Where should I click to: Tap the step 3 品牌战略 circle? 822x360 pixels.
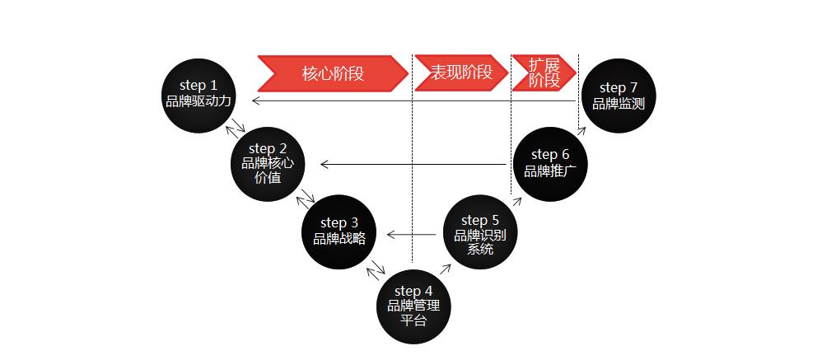point(339,231)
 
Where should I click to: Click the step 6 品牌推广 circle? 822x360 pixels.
point(550,163)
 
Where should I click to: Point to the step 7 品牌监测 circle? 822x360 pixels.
point(619,96)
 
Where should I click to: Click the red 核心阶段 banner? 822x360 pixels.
point(333,72)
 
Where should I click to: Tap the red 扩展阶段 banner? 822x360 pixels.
point(544,72)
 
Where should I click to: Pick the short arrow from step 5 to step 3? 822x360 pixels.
point(412,236)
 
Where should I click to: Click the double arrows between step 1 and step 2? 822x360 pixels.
point(237,127)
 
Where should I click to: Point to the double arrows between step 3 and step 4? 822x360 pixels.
point(377,267)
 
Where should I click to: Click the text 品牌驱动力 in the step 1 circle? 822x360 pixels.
point(198,101)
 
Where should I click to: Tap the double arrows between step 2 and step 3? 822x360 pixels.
point(306,198)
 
